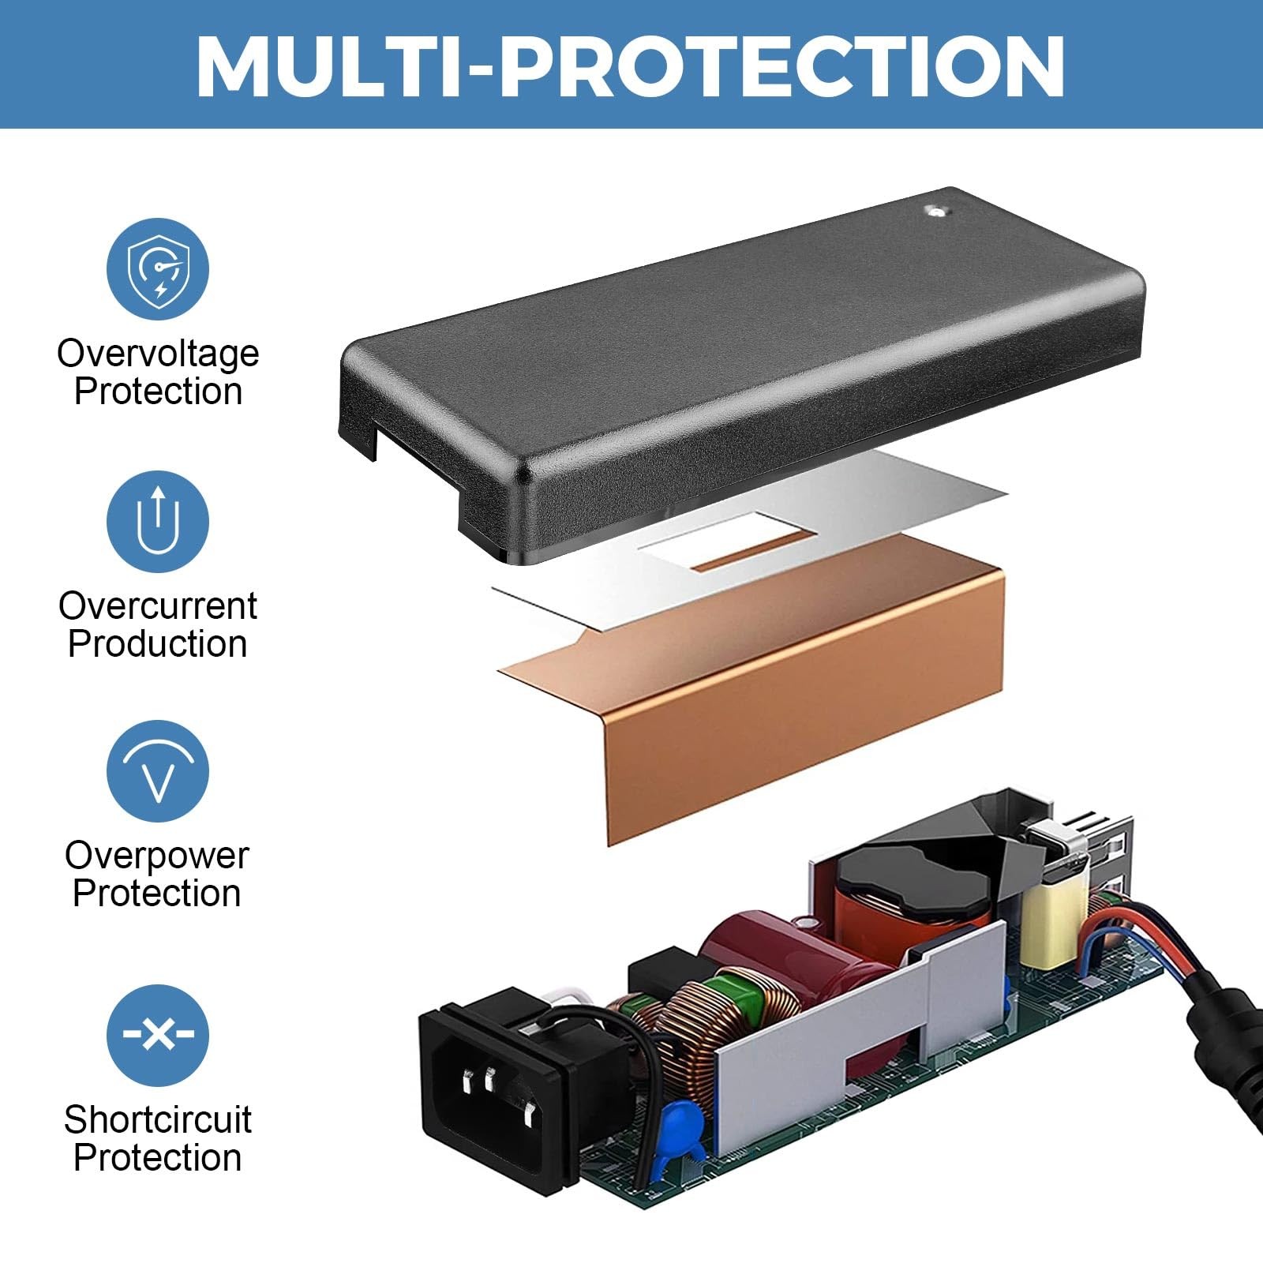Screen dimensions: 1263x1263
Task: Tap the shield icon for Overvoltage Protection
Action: click(158, 269)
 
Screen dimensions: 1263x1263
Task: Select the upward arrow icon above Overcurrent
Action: click(158, 521)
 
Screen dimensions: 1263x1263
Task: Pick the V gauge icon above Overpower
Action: click(158, 771)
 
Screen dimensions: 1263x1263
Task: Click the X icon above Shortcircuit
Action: click(158, 1034)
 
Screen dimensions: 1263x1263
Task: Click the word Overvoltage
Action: click(158, 353)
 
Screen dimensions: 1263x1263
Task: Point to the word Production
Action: click(158, 643)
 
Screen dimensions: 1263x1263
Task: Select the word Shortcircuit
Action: click(158, 1119)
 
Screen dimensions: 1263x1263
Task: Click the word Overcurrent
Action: click(158, 606)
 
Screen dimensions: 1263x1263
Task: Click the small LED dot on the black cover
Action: click(937, 211)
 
